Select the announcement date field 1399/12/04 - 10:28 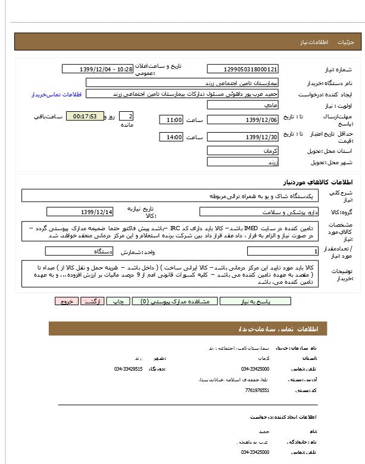[x=98, y=69]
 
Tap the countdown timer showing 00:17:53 [x=85, y=117]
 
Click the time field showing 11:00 [x=171, y=120]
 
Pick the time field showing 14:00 [x=171, y=137]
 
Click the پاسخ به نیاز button [x=255, y=302]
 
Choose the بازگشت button [x=92, y=302]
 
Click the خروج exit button [x=65, y=302]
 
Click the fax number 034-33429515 [x=129, y=369]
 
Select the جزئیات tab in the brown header [x=345, y=42]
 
